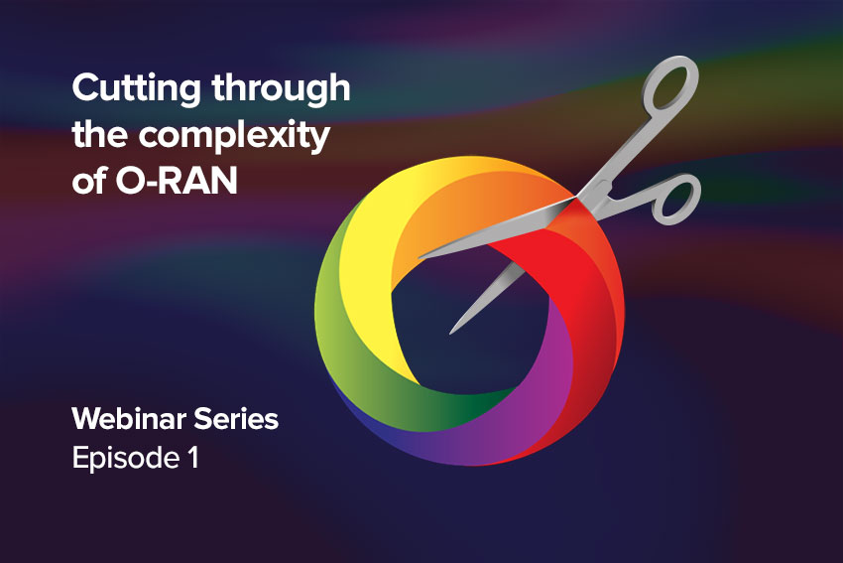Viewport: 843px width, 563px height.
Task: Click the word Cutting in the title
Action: click(x=137, y=88)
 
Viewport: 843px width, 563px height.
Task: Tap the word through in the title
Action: click(x=282, y=88)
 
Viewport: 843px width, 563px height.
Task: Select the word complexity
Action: click(x=234, y=136)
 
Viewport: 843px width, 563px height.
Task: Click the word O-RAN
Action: click(x=177, y=181)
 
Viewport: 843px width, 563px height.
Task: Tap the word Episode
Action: click(x=126, y=459)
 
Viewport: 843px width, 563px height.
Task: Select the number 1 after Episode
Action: click(x=193, y=458)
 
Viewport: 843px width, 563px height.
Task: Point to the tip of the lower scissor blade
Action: click(x=451, y=332)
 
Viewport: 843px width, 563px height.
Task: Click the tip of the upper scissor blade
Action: click(x=421, y=256)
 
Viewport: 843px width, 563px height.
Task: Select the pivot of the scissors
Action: click(x=583, y=197)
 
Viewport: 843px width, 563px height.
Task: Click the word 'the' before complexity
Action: click(x=100, y=135)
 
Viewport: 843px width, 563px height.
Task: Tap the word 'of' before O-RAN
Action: click(x=89, y=181)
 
